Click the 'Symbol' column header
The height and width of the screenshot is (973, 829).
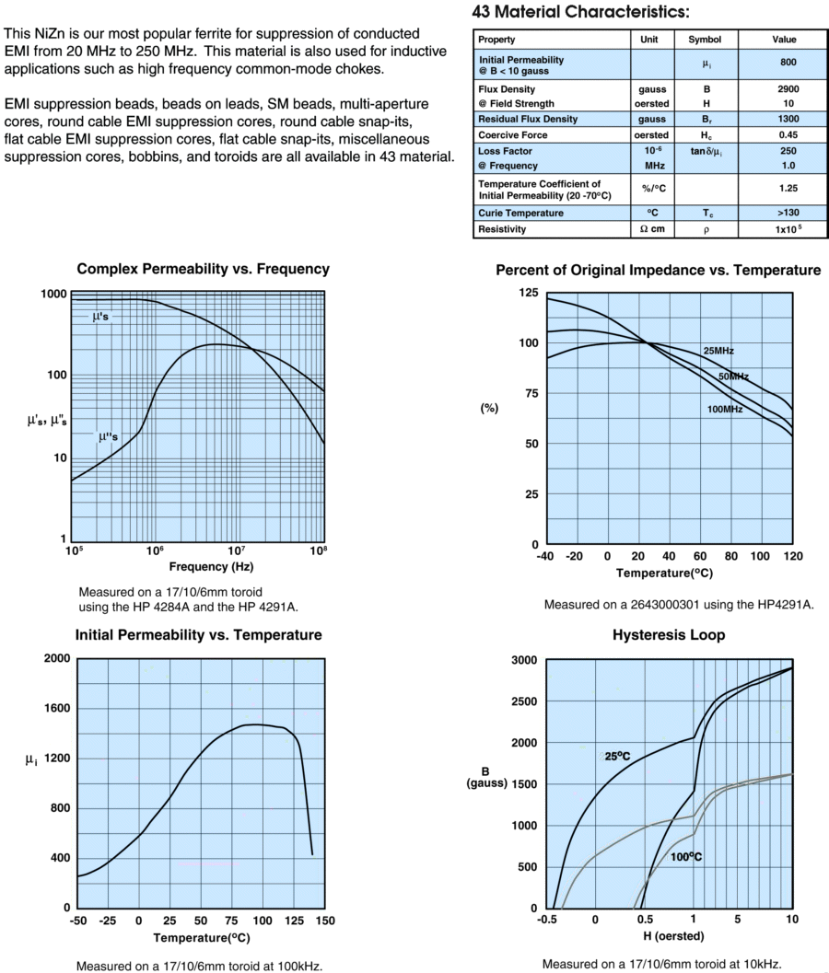[x=692, y=41]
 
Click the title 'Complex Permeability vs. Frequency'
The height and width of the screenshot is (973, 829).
[x=203, y=270]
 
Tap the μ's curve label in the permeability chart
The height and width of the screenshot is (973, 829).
[x=101, y=317]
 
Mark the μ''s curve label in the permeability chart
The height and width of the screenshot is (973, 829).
[x=108, y=437]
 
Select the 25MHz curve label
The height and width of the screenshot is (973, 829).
[x=718, y=351]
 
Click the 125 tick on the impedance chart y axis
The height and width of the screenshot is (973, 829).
[x=528, y=293]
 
